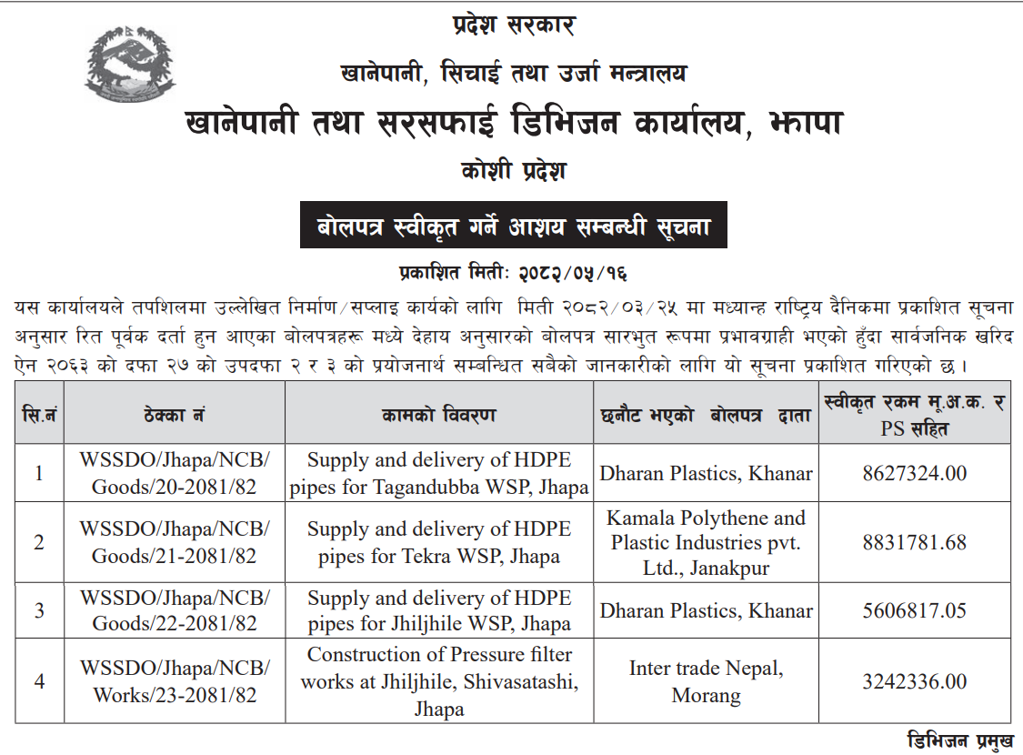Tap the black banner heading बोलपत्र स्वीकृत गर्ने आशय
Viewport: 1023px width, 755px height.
pyautogui.click(x=514, y=225)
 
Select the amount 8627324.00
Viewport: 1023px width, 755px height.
pyautogui.click(x=914, y=473)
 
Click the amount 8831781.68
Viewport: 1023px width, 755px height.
pyautogui.click(x=914, y=542)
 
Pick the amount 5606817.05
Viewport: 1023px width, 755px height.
pyautogui.click(x=914, y=610)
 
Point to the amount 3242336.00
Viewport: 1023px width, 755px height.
pyautogui.click(x=914, y=681)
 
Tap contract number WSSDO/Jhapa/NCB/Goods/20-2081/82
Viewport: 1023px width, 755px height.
pyautogui.click(x=174, y=473)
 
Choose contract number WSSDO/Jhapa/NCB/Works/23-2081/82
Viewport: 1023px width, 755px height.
pyautogui.click(x=174, y=681)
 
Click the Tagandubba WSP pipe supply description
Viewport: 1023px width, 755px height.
pyautogui.click(x=439, y=473)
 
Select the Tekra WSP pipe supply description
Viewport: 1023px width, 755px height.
pyautogui.click(x=439, y=542)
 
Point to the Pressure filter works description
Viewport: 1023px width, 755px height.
pyautogui.click(x=439, y=681)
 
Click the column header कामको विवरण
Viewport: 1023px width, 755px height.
pyautogui.click(x=439, y=415)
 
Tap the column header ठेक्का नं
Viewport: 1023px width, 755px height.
pyautogui.click(x=174, y=415)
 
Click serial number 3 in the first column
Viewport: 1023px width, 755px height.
pyautogui.click(x=39, y=610)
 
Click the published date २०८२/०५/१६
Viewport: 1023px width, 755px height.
pyautogui.click(x=572, y=272)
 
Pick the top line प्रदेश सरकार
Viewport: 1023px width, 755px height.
pyautogui.click(x=514, y=25)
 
